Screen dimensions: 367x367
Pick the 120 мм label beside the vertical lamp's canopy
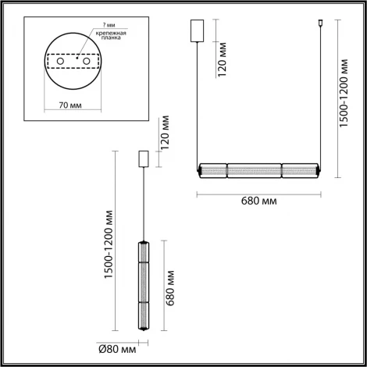pos(164,134)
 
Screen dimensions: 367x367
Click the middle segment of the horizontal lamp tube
pos(254,169)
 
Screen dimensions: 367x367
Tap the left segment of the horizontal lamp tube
pos(214,169)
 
